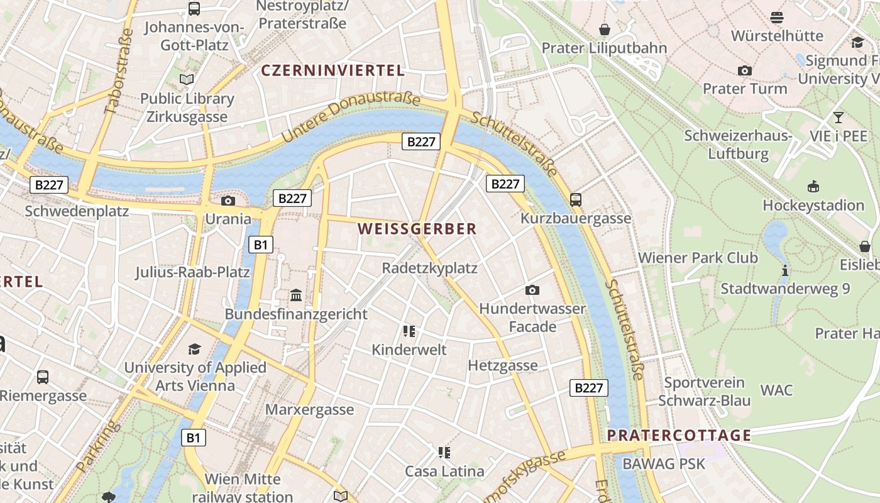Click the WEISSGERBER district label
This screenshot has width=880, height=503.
pyautogui.click(x=417, y=229)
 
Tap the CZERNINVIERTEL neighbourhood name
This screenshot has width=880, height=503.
pyautogui.click(x=333, y=70)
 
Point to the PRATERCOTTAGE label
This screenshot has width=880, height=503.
pyautogui.click(x=679, y=436)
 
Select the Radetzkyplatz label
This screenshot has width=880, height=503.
pyautogui.click(x=430, y=268)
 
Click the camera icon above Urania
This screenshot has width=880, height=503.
pyautogui.click(x=228, y=201)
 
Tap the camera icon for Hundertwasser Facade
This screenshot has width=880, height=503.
pyautogui.click(x=532, y=290)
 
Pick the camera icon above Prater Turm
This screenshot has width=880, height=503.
pyautogui.click(x=745, y=70)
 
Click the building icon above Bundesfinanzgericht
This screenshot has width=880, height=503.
pyautogui.click(x=295, y=296)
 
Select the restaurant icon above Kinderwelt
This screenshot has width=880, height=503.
pyautogui.click(x=409, y=331)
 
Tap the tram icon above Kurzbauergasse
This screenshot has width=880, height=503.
pyautogui.click(x=576, y=200)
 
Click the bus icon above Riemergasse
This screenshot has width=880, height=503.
pyautogui.click(x=43, y=377)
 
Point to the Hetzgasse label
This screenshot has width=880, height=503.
pyautogui.click(x=503, y=366)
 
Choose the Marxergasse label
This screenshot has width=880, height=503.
pyautogui.click(x=309, y=410)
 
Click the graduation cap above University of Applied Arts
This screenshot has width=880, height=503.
pyautogui.click(x=195, y=349)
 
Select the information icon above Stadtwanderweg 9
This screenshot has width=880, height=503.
pyautogui.click(x=784, y=271)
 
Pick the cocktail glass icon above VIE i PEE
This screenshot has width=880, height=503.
pyautogui.click(x=838, y=118)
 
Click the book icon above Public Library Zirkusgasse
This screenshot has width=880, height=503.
pyautogui.click(x=187, y=80)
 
